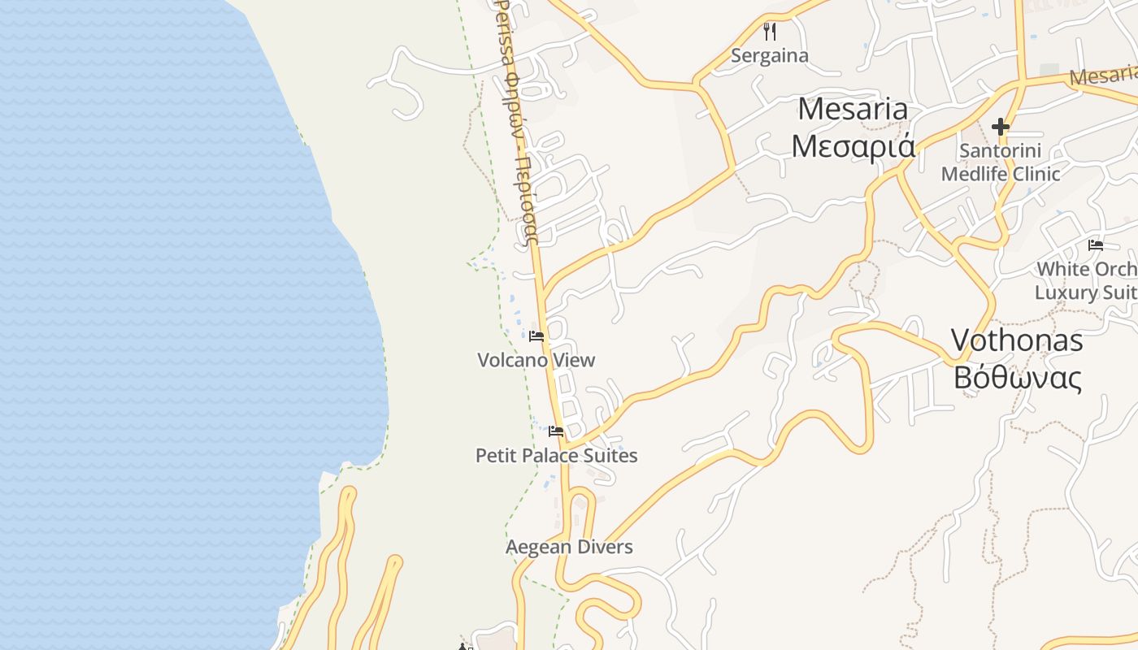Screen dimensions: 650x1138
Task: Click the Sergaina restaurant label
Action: click(x=769, y=55)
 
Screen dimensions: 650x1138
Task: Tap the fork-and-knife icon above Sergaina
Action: click(x=770, y=32)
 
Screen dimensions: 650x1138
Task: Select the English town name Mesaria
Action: click(x=852, y=108)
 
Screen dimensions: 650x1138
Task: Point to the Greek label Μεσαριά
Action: click(x=853, y=146)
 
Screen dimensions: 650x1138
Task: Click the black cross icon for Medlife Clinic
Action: click(x=1001, y=127)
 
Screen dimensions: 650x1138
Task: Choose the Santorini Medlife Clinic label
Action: click(x=1001, y=162)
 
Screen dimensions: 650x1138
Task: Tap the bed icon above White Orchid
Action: click(x=1096, y=245)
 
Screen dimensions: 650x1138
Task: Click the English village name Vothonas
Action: click(x=1017, y=340)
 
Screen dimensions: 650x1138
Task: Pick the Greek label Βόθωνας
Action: click(x=1018, y=378)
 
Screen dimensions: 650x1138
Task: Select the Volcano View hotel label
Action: click(x=536, y=360)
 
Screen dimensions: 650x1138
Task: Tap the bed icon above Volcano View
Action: click(x=536, y=336)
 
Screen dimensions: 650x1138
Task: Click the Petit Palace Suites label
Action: click(x=556, y=455)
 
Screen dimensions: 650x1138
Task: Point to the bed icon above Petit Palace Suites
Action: click(x=556, y=431)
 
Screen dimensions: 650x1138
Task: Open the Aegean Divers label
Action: click(x=569, y=547)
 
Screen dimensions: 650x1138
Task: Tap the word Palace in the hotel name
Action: click(x=550, y=455)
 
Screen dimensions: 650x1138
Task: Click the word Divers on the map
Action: click(x=604, y=547)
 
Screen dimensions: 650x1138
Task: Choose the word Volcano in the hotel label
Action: click(x=512, y=360)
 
